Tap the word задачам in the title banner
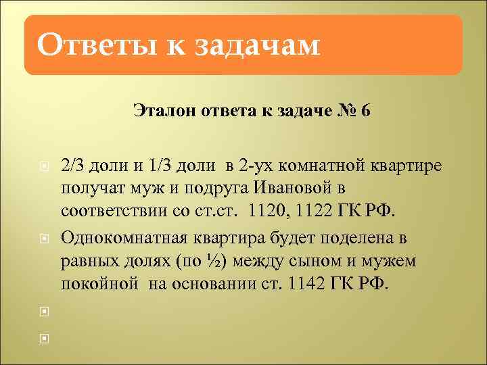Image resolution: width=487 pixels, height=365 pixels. tap(257, 46)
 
